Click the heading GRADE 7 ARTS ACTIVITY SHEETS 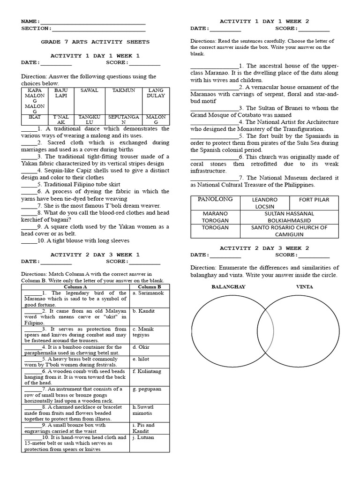(95, 42)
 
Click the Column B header (150, 286)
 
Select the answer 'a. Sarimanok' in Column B (148, 293)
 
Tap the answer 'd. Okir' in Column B (141, 347)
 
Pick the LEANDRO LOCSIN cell (265, 203)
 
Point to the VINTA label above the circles (304, 286)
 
